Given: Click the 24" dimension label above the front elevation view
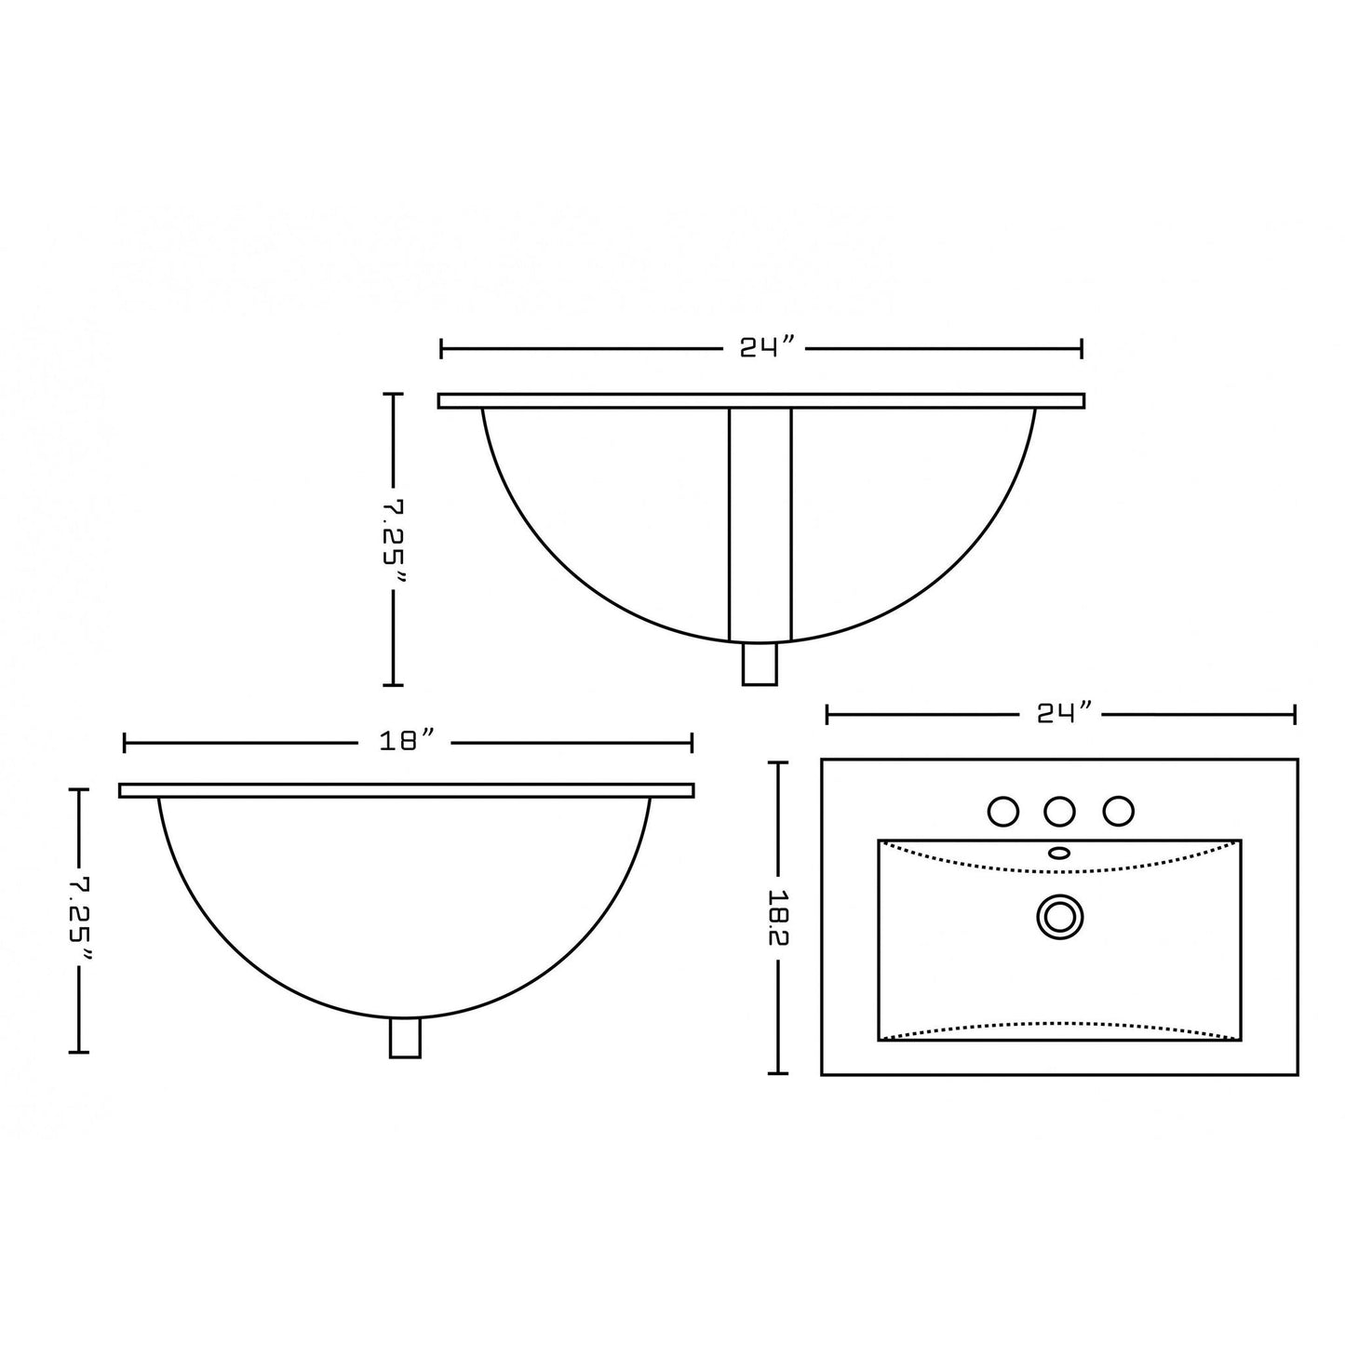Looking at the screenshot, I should (767, 348).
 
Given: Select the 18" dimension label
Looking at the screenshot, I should (408, 742).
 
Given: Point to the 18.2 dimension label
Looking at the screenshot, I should (779, 918).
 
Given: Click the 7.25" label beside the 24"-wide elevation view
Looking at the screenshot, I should (395, 539).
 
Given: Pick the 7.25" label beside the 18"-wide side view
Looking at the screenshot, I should (82, 919).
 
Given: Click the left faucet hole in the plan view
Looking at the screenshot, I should (1002, 812).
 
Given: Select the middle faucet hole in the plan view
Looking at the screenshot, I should (1059, 812).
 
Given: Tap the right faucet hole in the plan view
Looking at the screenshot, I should (1118, 812).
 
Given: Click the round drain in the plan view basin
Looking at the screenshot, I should (1059, 918).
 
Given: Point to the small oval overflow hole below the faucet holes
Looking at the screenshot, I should (1059, 852).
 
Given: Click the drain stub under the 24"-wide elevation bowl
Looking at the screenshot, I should (760, 665).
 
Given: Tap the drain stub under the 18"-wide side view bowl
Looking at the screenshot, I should (405, 1038).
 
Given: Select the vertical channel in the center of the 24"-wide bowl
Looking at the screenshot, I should (760, 521).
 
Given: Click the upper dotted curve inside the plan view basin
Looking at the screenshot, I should (1059, 871).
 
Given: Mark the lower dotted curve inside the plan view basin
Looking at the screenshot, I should (1059, 1025).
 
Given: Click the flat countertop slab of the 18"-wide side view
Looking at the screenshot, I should (406, 790).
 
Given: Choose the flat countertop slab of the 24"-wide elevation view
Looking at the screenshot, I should (760, 400).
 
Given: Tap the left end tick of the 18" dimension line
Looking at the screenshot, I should (125, 742).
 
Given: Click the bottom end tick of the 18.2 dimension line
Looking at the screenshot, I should (778, 1073).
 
